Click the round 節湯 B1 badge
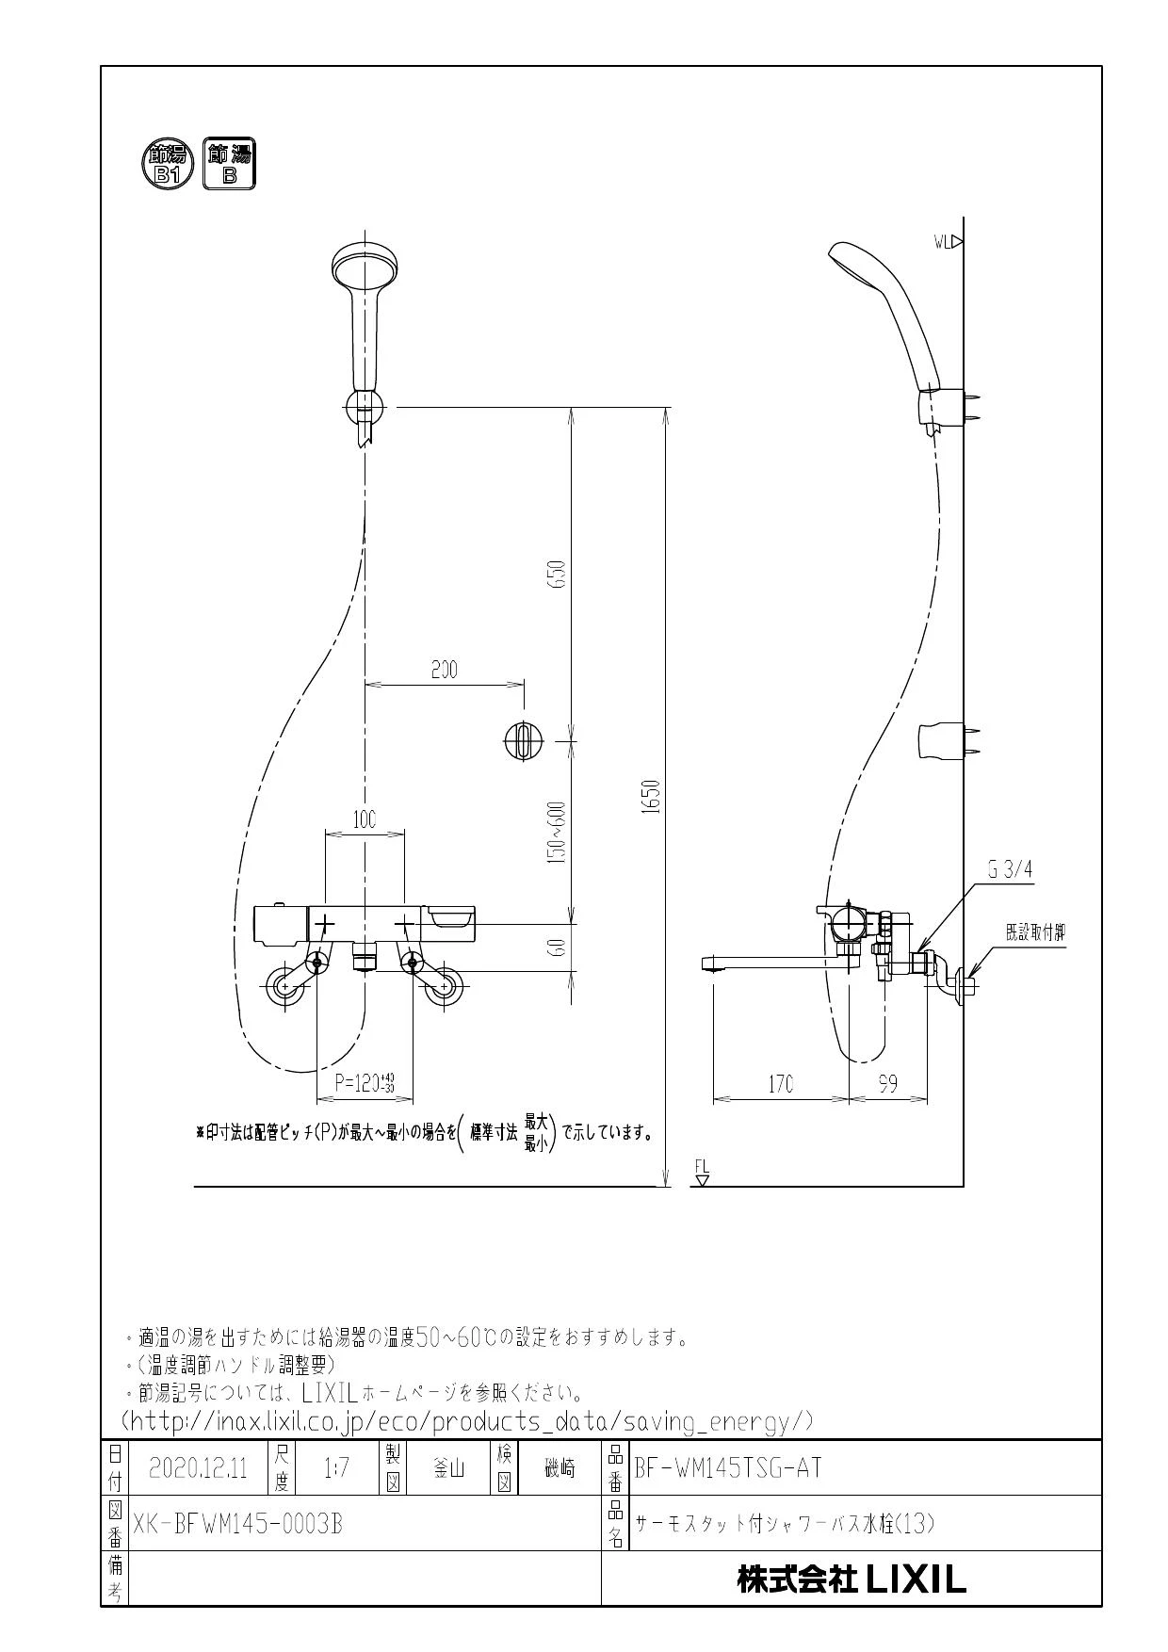pyautogui.click(x=168, y=162)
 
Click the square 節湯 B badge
pyautogui.click(x=229, y=162)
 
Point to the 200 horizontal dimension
pyautogui.click(x=444, y=670)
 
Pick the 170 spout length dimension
pyautogui.click(x=781, y=1083)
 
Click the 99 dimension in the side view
pyautogui.click(x=887, y=1083)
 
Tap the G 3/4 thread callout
pyautogui.click(x=1010, y=871)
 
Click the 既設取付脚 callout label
pyautogui.click(x=1035, y=932)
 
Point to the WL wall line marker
pyautogui.click(x=948, y=242)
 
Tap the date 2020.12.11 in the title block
pyautogui.click(x=198, y=1467)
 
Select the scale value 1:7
pyautogui.click(x=336, y=1467)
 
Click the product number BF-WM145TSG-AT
pyautogui.click(x=728, y=1467)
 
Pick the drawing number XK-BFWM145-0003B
pyautogui.click(x=237, y=1523)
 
